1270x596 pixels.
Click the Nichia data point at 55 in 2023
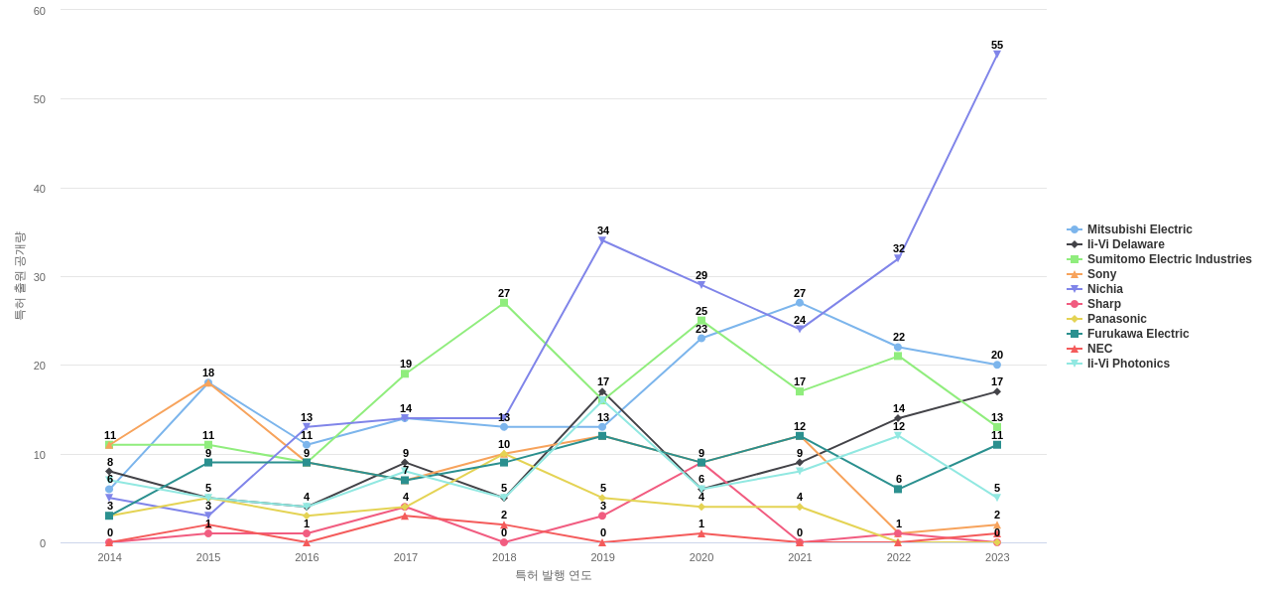click(997, 55)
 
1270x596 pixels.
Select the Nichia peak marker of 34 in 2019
click(602, 240)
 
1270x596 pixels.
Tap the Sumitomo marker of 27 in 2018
click(504, 303)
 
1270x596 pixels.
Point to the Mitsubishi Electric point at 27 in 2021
click(800, 303)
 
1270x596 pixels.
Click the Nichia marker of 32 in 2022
click(898, 258)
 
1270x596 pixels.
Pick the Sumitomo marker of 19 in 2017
click(405, 373)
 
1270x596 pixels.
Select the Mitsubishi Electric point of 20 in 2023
click(997, 365)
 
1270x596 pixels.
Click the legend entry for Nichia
click(1104, 289)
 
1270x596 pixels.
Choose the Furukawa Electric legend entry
click(1137, 334)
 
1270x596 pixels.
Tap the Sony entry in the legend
click(1101, 274)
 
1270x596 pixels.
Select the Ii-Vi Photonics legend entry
click(1128, 364)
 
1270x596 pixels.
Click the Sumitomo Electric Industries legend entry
click(1169, 259)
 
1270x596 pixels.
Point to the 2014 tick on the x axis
click(109, 557)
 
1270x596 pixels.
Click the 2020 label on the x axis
click(701, 557)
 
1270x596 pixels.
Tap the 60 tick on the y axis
click(40, 11)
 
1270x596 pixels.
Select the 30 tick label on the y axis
click(40, 277)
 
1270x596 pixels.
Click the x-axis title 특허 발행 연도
click(553, 575)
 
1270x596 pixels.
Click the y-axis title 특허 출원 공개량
click(19, 276)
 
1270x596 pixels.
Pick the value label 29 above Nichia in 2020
click(701, 275)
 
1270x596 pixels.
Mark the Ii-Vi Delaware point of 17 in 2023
click(997, 391)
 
